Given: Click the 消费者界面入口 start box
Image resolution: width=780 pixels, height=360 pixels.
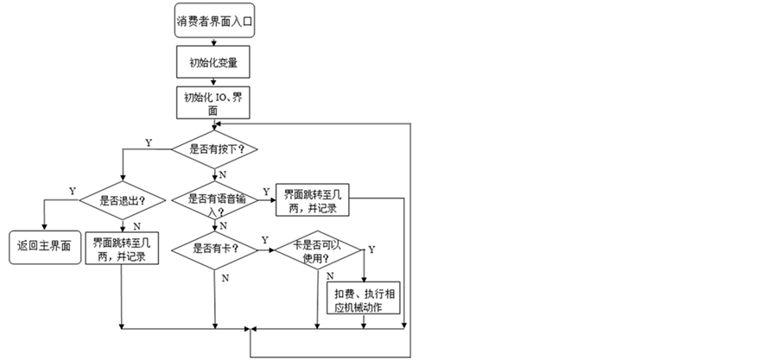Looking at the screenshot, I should [213, 21].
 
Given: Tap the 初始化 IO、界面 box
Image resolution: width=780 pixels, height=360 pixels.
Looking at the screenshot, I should [213, 102].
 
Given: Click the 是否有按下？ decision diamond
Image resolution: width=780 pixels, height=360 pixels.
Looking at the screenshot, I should [214, 149].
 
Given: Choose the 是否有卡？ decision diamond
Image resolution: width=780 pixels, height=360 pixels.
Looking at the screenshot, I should [213, 249].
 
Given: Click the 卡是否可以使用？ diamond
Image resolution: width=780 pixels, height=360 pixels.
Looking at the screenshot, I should [319, 249].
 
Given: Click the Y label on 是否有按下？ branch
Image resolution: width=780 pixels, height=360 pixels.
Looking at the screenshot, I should [149, 141].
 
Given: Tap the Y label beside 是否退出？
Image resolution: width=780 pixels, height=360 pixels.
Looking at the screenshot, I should [72, 191].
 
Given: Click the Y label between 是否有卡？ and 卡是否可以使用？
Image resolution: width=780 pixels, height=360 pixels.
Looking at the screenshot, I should [263, 240].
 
